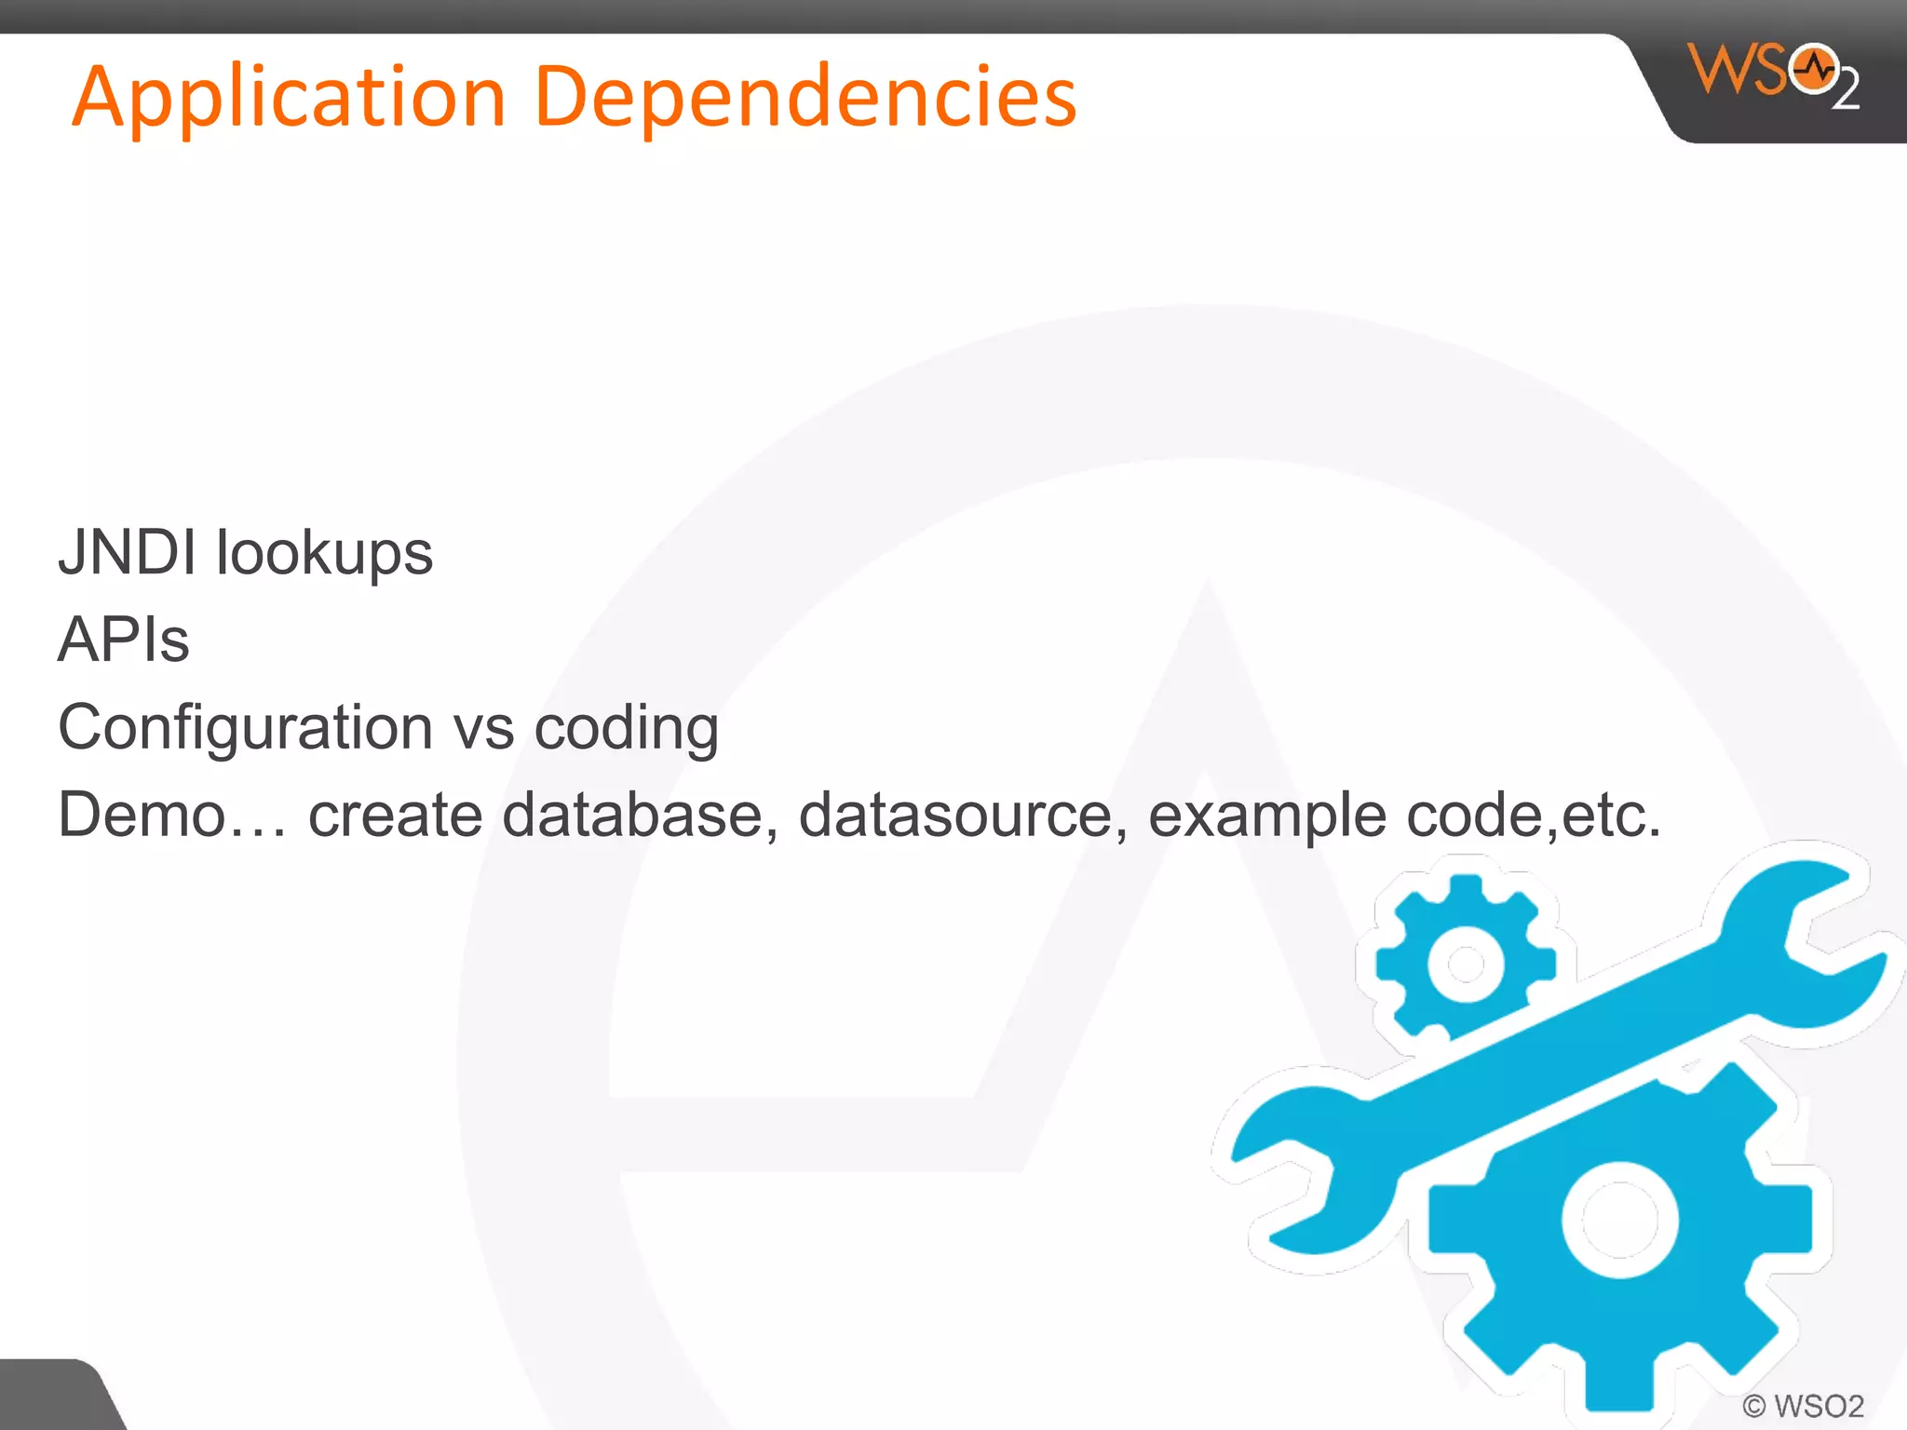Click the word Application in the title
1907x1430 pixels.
click(289, 98)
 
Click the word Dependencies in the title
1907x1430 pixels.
click(805, 98)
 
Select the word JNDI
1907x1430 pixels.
click(128, 552)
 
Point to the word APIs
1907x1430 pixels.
click(124, 641)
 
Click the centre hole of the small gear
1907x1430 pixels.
click(1466, 965)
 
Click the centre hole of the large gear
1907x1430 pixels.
click(1620, 1220)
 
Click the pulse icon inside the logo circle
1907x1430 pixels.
click(1814, 69)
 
